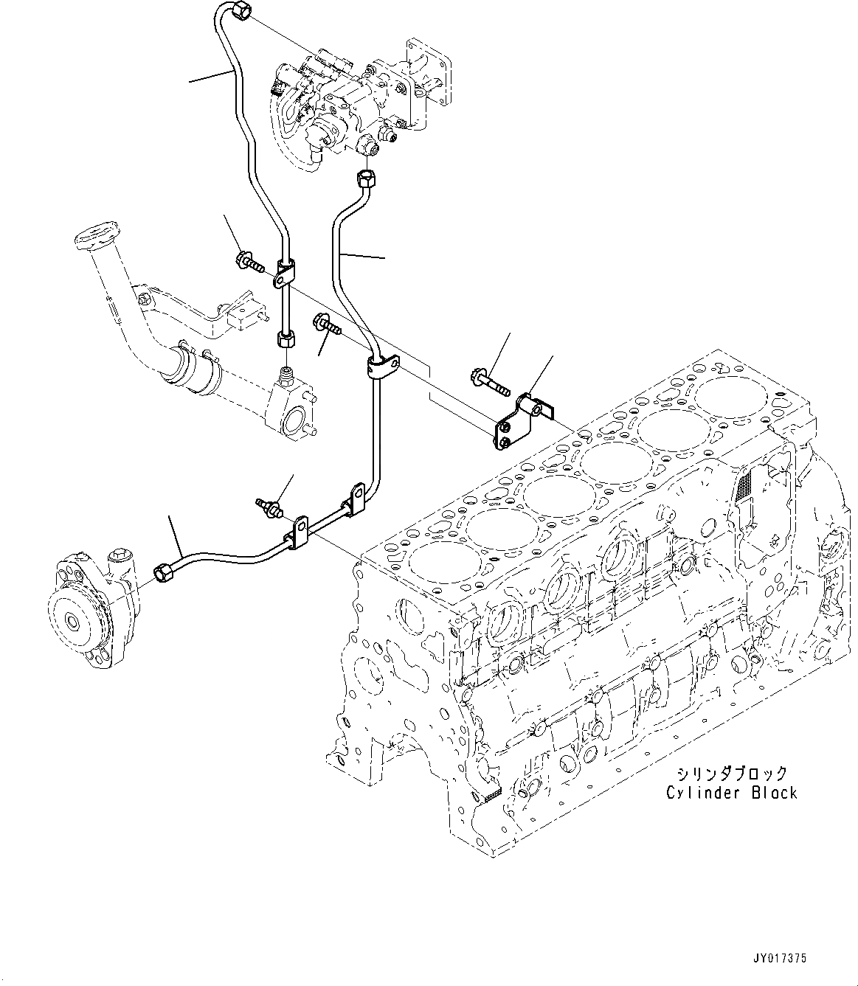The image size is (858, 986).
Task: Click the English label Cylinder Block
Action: [x=731, y=793]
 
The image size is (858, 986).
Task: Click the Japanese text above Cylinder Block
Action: [x=731, y=774]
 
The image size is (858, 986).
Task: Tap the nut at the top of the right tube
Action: [x=365, y=178]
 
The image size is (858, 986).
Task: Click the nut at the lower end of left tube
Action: [x=286, y=340]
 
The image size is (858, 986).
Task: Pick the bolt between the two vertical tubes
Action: [x=328, y=322]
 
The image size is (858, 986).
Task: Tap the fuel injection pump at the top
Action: [x=347, y=103]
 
